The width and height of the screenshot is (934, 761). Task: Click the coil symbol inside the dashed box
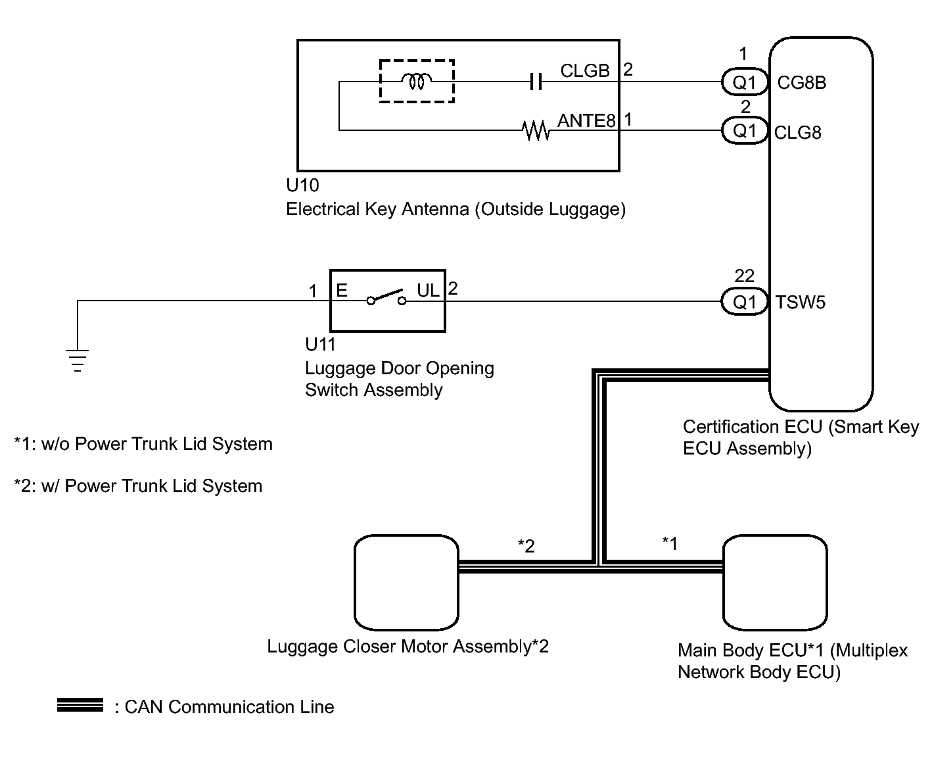click(416, 81)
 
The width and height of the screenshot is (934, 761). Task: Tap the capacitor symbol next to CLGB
click(536, 82)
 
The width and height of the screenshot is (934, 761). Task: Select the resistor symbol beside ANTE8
click(536, 130)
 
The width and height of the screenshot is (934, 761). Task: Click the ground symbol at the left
click(77, 360)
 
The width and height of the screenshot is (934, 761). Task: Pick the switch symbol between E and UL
click(386, 297)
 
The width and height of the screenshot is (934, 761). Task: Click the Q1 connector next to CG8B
click(745, 82)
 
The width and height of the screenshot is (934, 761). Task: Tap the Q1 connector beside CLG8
click(745, 130)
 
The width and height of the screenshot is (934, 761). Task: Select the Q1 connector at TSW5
click(745, 301)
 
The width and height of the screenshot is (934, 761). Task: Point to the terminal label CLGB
click(585, 70)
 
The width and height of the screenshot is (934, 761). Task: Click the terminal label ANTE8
click(586, 120)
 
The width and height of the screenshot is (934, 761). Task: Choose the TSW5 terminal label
click(801, 303)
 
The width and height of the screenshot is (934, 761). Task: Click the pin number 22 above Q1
click(745, 276)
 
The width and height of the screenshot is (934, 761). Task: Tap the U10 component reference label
click(302, 185)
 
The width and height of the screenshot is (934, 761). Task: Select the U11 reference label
click(321, 345)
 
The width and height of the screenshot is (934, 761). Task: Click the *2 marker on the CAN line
click(526, 546)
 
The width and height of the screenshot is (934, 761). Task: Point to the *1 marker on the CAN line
click(670, 543)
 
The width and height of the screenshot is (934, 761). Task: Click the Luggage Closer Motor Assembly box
click(406, 583)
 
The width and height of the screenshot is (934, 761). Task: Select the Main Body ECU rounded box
click(775, 583)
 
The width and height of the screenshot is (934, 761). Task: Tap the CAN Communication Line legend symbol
click(80, 705)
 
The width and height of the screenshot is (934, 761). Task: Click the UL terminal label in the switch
click(428, 291)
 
